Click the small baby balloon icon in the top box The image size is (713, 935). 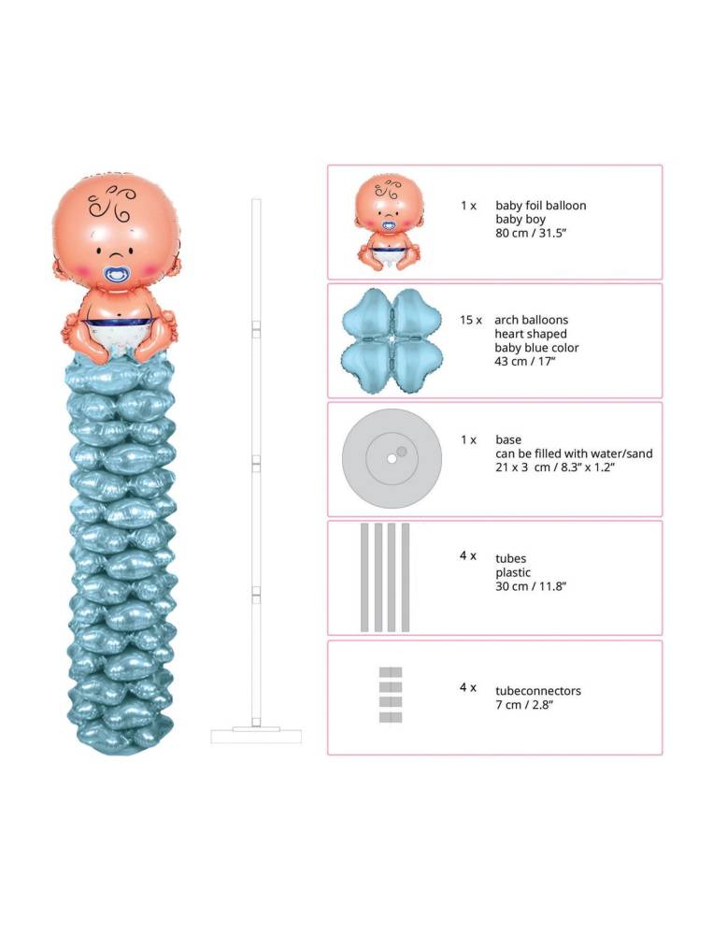[x=390, y=223]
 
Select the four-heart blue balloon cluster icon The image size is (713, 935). [x=392, y=340]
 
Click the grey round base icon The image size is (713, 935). [x=392, y=458]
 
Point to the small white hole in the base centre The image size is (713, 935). [x=392, y=459]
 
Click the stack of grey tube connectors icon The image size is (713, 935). [x=391, y=695]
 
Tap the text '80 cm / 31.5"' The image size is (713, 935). [x=531, y=233]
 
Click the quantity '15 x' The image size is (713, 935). [x=471, y=320]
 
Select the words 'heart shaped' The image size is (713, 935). [x=531, y=334]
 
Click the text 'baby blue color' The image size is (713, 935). [x=536, y=348]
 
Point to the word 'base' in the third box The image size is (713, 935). [x=508, y=440]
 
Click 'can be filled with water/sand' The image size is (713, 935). [x=574, y=453]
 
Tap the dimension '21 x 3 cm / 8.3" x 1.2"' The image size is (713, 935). [x=555, y=467]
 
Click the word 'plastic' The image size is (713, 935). [x=513, y=572]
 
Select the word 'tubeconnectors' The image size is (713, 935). [x=538, y=691]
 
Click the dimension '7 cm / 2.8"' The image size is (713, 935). [x=524, y=705]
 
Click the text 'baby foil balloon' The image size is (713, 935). [x=541, y=206]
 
